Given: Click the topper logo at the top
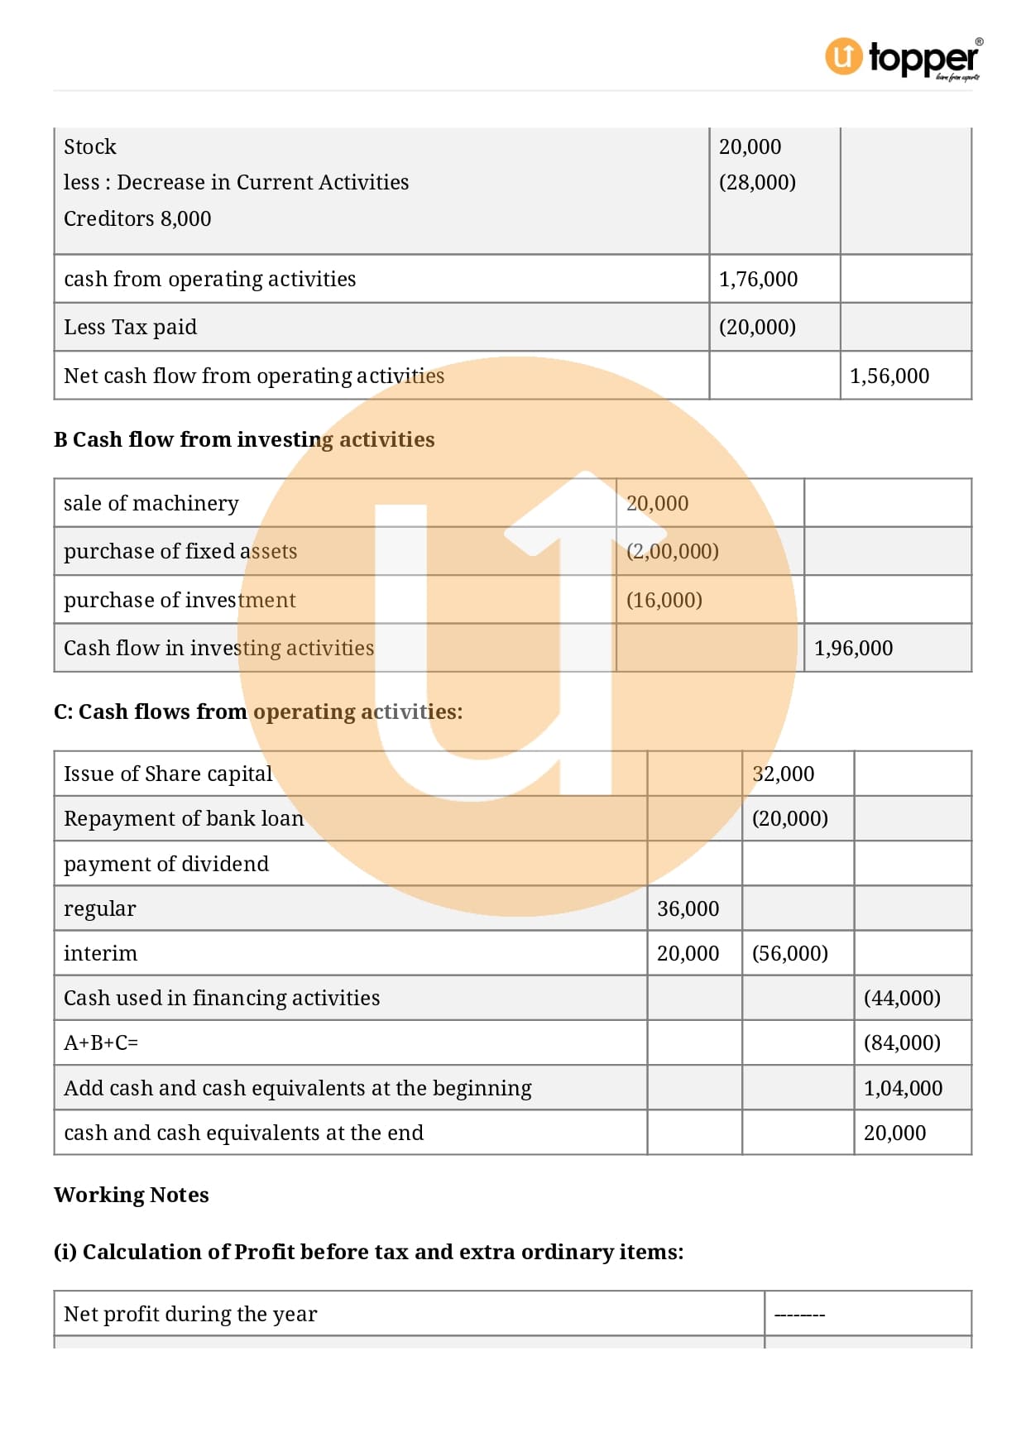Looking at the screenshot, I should pos(903,58).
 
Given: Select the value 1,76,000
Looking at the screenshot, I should pos(758,280).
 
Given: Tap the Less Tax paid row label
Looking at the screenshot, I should pos(130,328).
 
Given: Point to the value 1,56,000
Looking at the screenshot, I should pos(889,376).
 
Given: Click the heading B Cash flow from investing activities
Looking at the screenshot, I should pos(244,439).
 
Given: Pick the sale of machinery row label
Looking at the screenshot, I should pos(151,503).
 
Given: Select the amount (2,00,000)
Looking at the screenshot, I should pos(672,551).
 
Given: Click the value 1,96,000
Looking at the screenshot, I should pos(853,648).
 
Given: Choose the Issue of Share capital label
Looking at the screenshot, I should pos(168,774).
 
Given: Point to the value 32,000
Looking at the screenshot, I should pos(783,774).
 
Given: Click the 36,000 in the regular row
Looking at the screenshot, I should pos(688,908).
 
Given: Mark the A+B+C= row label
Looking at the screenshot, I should pos(101,1042).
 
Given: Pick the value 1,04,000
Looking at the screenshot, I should pos(903,1088).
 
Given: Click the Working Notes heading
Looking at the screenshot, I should pos(132,1195).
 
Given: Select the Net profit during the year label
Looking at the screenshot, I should pos(190,1314).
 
